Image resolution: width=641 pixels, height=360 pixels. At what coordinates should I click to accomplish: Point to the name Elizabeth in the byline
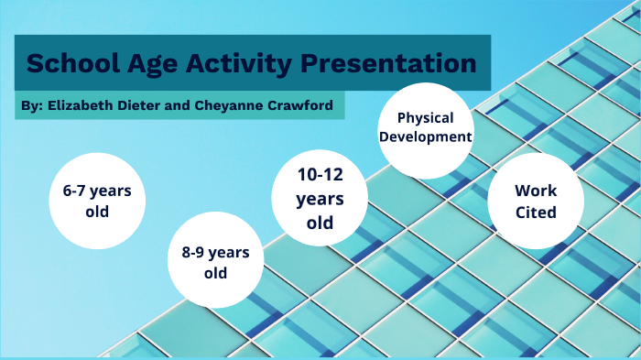[80, 105]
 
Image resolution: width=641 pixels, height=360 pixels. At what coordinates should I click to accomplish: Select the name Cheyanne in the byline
[229, 105]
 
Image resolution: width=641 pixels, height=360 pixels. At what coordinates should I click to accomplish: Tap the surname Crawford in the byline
[299, 105]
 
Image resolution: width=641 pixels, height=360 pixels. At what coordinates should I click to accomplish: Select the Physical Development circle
[425, 128]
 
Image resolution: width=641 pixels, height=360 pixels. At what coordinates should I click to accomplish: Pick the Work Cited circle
[536, 201]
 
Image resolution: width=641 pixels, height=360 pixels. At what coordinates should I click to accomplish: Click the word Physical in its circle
[425, 118]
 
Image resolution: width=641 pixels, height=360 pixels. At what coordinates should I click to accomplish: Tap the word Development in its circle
[425, 138]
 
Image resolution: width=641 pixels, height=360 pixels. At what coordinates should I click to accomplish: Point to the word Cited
[536, 212]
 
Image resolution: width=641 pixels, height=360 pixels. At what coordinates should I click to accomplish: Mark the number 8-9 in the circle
[196, 252]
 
